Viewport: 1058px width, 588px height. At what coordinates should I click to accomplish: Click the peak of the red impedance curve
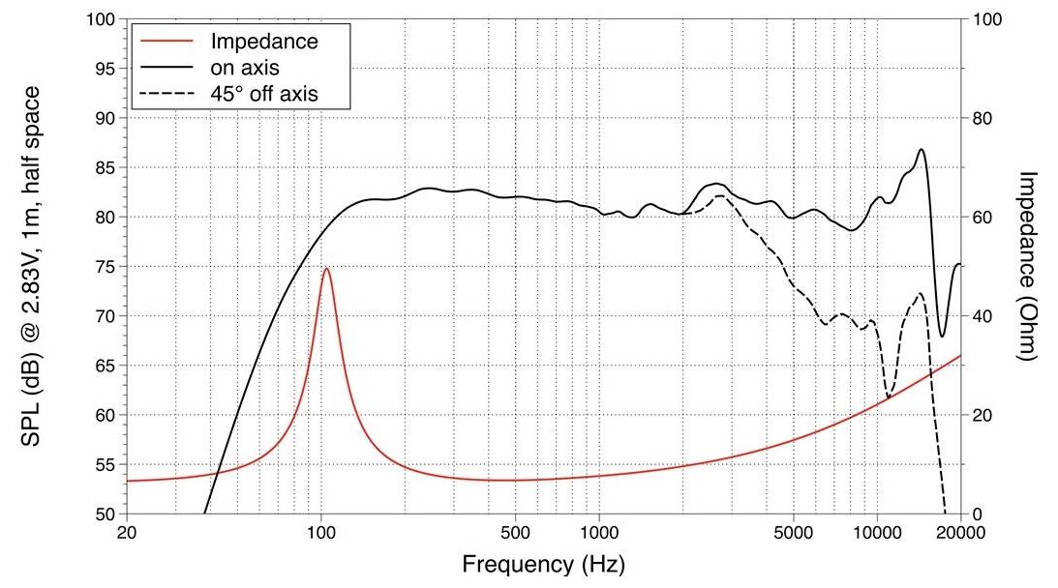(x=327, y=269)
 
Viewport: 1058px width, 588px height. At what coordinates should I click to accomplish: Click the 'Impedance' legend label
(x=264, y=42)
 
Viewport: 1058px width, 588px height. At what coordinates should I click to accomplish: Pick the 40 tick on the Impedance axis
(x=982, y=316)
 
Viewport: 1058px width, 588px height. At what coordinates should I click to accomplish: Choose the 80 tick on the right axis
(x=982, y=118)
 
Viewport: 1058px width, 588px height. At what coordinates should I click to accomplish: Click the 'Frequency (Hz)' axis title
(x=543, y=564)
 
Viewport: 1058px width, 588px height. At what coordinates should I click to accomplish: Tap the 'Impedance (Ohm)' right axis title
(x=1028, y=266)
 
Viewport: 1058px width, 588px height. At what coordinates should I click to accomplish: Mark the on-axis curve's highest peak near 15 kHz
(x=921, y=149)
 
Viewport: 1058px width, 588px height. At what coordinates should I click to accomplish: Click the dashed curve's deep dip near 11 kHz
(x=889, y=396)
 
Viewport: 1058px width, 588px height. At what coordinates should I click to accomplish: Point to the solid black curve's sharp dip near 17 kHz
(x=942, y=337)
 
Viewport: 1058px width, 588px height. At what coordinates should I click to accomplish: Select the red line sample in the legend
(x=166, y=42)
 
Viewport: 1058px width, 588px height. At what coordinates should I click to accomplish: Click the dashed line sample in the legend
(x=166, y=94)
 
